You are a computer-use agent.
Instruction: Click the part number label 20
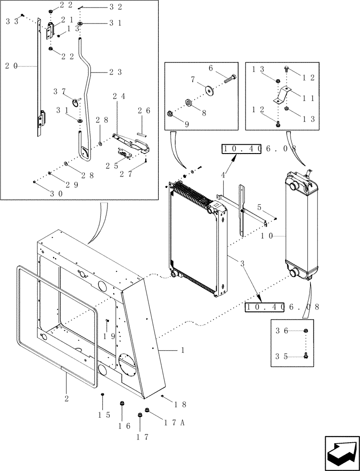pos(11,66)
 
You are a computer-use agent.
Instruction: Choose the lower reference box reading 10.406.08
pos(282,307)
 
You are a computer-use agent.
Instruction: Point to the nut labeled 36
pos(306,331)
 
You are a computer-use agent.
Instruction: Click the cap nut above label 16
pos(123,404)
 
